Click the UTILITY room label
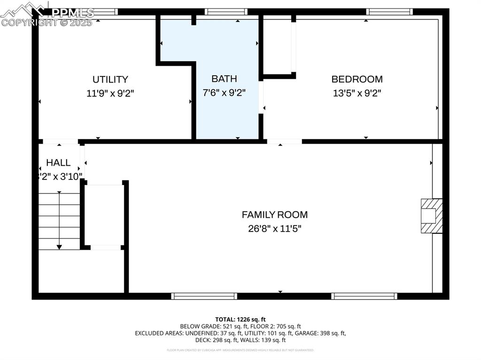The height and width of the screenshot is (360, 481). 110,79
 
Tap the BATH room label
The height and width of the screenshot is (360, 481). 224,78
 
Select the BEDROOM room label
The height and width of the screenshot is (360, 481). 357,79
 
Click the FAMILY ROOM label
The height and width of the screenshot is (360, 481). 275,214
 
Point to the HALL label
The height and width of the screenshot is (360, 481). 58,162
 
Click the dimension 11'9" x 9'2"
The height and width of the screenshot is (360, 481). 110,93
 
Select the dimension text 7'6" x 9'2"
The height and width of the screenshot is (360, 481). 224,92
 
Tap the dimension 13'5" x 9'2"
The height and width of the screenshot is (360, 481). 357,93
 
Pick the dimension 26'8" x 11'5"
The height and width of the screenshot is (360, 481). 275,229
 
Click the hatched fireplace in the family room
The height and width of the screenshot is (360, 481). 431,215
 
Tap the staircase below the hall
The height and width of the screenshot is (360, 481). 59,221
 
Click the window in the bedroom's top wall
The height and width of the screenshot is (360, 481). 389,12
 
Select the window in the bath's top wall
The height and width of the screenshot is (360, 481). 226,12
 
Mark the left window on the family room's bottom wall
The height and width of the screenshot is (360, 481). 204,296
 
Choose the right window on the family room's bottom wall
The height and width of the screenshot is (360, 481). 364,296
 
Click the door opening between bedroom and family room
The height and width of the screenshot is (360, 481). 285,141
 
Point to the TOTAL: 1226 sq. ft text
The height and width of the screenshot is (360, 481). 240,319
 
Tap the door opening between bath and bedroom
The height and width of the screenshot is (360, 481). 261,97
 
